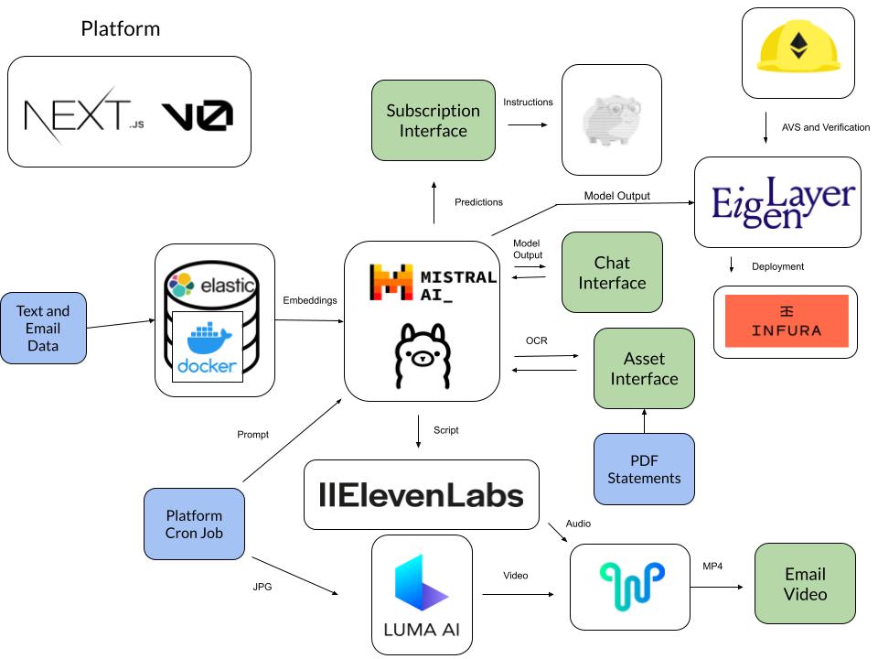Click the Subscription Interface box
(x=433, y=121)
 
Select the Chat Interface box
(x=612, y=273)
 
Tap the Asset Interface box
(x=644, y=368)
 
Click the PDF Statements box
(x=644, y=468)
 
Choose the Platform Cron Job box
(x=194, y=524)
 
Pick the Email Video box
(x=805, y=584)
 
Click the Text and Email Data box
(x=43, y=329)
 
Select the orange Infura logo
(x=786, y=321)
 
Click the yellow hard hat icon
(x=798, y=51)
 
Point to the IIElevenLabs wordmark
(x=421, y=495)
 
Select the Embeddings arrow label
(x=310, y=300)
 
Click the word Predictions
(x=478, y=202)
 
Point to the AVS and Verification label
(x=826, y=127)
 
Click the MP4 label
(x=712, y=567)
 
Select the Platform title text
(x=120, y=28)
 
